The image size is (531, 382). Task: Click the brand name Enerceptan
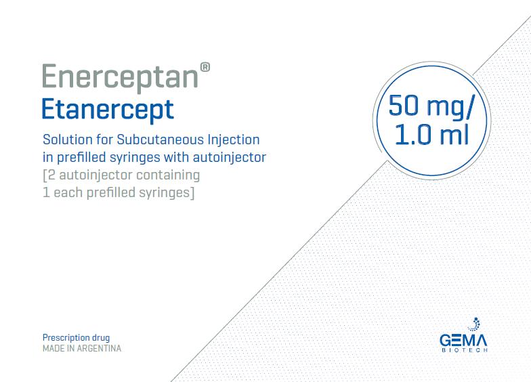coord(119,76)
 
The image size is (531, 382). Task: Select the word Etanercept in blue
coord(108,109)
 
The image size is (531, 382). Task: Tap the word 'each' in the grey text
coord(67,193)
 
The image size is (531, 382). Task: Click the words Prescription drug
coord(76,337)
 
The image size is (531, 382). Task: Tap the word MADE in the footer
coord(54,349)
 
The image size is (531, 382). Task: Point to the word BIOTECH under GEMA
coord(464,350)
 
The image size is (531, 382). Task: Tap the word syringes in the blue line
coord(141,158)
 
